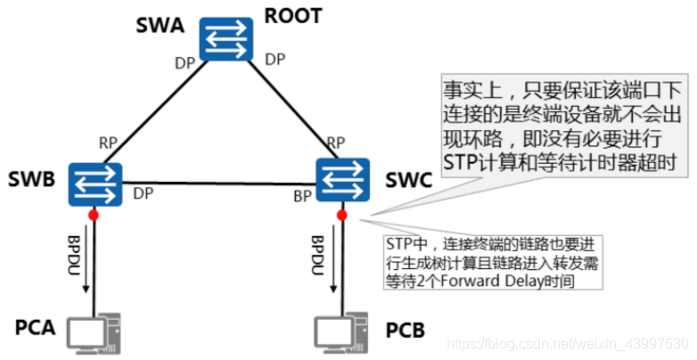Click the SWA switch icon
pyautogui.click(x=225, y=40)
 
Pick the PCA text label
pyautogui.click(x=35, y=328)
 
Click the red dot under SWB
pyautogui.click(x=93, y=215)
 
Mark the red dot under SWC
pyautogui.click(x=342, y=215)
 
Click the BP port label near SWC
pyautogui.click(x=302, y=195)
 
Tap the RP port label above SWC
pyautogui.click(x=336, y=143)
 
